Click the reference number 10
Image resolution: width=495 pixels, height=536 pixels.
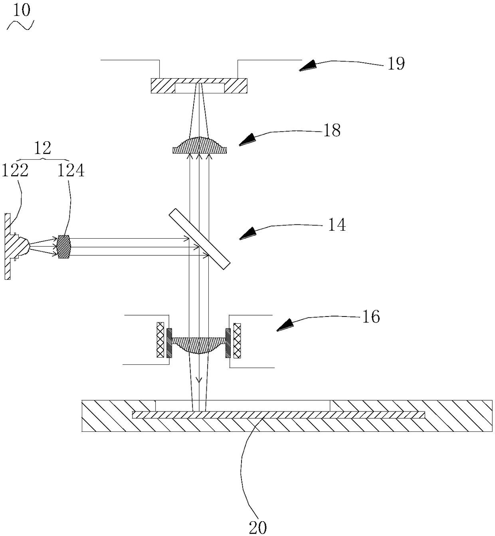[x=22, y=10]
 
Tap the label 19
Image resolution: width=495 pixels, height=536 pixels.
[x=396, y=63]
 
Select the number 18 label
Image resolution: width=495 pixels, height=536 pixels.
[x=332, y=130]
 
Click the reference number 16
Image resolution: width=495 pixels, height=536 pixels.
[x=371, y=317]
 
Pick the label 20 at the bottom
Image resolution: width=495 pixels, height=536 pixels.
[x=257, y=527]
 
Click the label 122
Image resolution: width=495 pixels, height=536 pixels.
[x=15, y=171]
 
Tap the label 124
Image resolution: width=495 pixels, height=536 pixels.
[x=71, y=171]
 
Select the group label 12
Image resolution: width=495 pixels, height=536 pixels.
[x=43, y=148]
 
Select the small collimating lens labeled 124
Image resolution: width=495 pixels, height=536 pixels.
[x=64, y=247]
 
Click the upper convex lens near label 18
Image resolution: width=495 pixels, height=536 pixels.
[x=200, y=146]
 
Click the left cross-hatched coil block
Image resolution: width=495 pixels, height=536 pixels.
[x=160, y=340]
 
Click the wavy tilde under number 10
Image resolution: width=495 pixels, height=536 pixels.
[x=20, y=26]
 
